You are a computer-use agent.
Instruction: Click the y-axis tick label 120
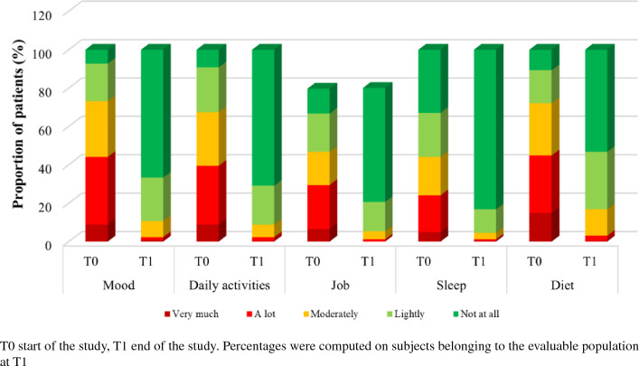point(42,15)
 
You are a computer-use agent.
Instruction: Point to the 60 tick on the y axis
point(45,130)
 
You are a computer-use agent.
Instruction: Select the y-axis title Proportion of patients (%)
point(18,124)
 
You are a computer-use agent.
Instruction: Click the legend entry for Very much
point(192,314)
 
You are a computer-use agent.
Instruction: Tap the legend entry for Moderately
point(331,314)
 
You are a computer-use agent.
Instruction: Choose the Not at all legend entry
point(476,314)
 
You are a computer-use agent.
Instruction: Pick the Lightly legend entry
point(406,314)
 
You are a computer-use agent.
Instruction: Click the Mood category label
point(118,285)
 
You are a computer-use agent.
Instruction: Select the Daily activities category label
point(230,285)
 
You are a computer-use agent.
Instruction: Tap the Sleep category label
point(451,285)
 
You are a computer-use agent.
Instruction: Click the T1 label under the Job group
point(368,261)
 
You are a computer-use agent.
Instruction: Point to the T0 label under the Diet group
point(534,261)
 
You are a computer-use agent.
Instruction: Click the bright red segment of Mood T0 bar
point(97,191)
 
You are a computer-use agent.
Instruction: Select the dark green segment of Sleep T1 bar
point(485,129)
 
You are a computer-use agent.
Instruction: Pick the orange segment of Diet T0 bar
point(540,129)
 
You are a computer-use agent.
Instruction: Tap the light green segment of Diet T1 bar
point(597,180)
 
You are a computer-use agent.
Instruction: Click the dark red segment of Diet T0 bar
point(540,227)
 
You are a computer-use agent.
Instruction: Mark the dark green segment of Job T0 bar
point(319,101)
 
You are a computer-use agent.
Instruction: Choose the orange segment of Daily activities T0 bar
point(208,138)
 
